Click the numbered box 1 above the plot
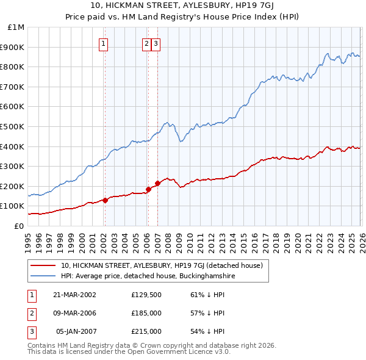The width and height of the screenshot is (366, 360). pyautogui.click(x=104, y=43)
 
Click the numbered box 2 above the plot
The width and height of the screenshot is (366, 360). pyautogui.click(x=147, y=43)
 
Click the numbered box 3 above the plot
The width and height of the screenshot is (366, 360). pyautogui.click(x=156, y=43)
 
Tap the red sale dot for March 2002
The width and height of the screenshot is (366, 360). pyautogui.click(x=105, y=200)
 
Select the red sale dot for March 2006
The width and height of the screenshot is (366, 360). pyautogui.click(x=148, y=189)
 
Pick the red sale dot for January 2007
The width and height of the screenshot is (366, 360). pyautogui.click(x=157, y=183)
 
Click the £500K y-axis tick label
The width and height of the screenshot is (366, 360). pyautogui.click(x=13, y=127)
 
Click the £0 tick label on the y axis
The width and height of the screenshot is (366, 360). pyautogui.click(x=18, y=226)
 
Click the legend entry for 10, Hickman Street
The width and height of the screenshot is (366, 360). pyautogui.click(x=162, y=265)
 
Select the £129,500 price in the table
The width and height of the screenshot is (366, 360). pyautogui.click(x=146, y=294)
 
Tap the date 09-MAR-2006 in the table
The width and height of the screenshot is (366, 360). pyautogui.click(x=74, y=313)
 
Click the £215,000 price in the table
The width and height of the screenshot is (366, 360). pyautogui.click(x=146, y=331)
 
